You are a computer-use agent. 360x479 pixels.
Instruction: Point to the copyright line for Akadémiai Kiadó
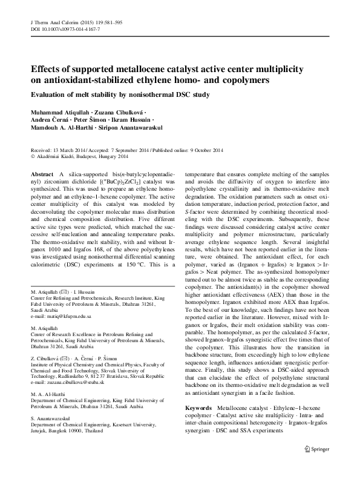[x=76, y=156]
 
